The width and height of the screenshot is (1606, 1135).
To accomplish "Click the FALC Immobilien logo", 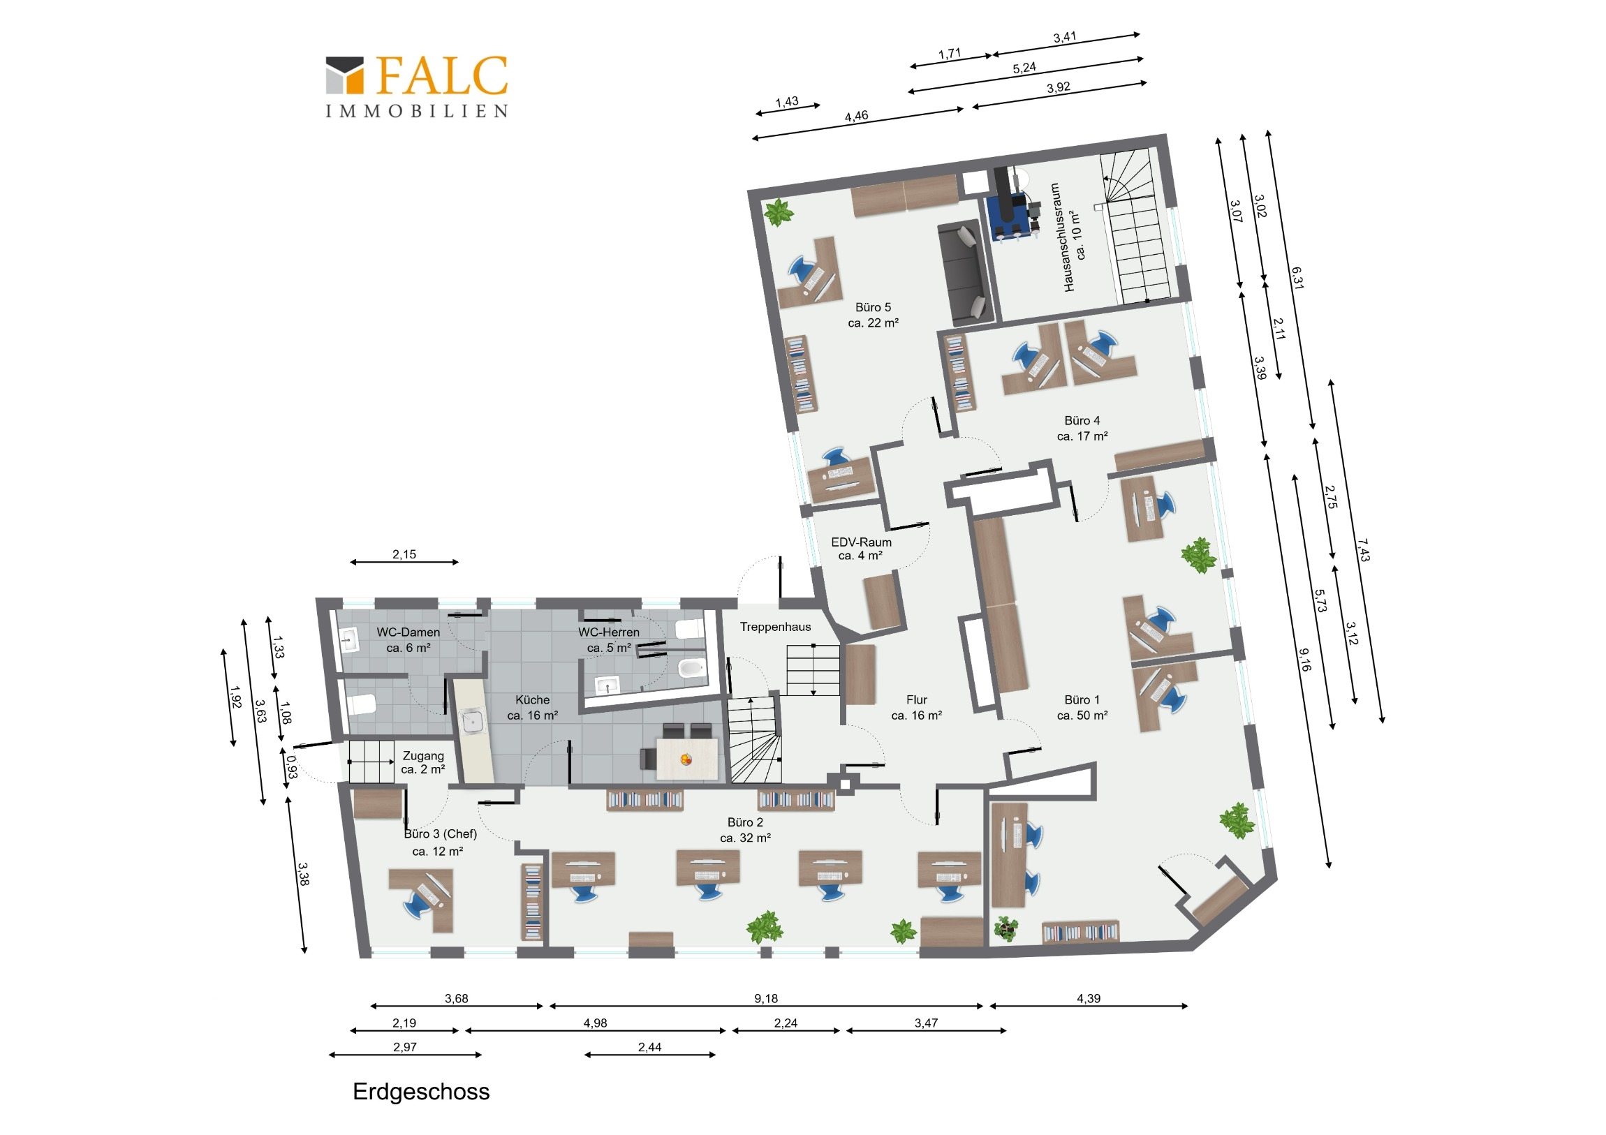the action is (417, 86).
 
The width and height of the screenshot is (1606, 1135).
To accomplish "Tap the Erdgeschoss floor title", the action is (421, 1092).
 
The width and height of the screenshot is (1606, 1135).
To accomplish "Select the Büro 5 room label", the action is (873, 315).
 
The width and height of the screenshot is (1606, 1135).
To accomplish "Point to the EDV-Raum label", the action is (861, 549).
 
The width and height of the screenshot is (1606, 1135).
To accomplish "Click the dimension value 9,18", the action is (766, 999).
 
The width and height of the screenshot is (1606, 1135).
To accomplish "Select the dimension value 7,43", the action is (1362, 549).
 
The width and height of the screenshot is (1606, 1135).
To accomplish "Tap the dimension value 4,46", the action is (856, 116).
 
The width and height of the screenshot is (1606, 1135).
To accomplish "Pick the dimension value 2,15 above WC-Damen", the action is (404, 554).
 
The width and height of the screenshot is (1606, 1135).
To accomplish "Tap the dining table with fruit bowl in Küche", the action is (687, 758).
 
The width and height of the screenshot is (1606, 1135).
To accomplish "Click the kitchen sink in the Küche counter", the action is (473, 721).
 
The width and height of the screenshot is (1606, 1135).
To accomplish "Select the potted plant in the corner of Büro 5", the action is (778, 212).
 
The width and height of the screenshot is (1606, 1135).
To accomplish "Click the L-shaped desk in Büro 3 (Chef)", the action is (422, 899).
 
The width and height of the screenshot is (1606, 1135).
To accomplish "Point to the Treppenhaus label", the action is (775, 628).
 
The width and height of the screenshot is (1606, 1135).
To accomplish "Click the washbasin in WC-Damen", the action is (348, 639).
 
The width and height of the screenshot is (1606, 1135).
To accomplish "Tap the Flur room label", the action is (916, 707).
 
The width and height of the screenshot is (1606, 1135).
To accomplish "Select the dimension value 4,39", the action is (1089, 999).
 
